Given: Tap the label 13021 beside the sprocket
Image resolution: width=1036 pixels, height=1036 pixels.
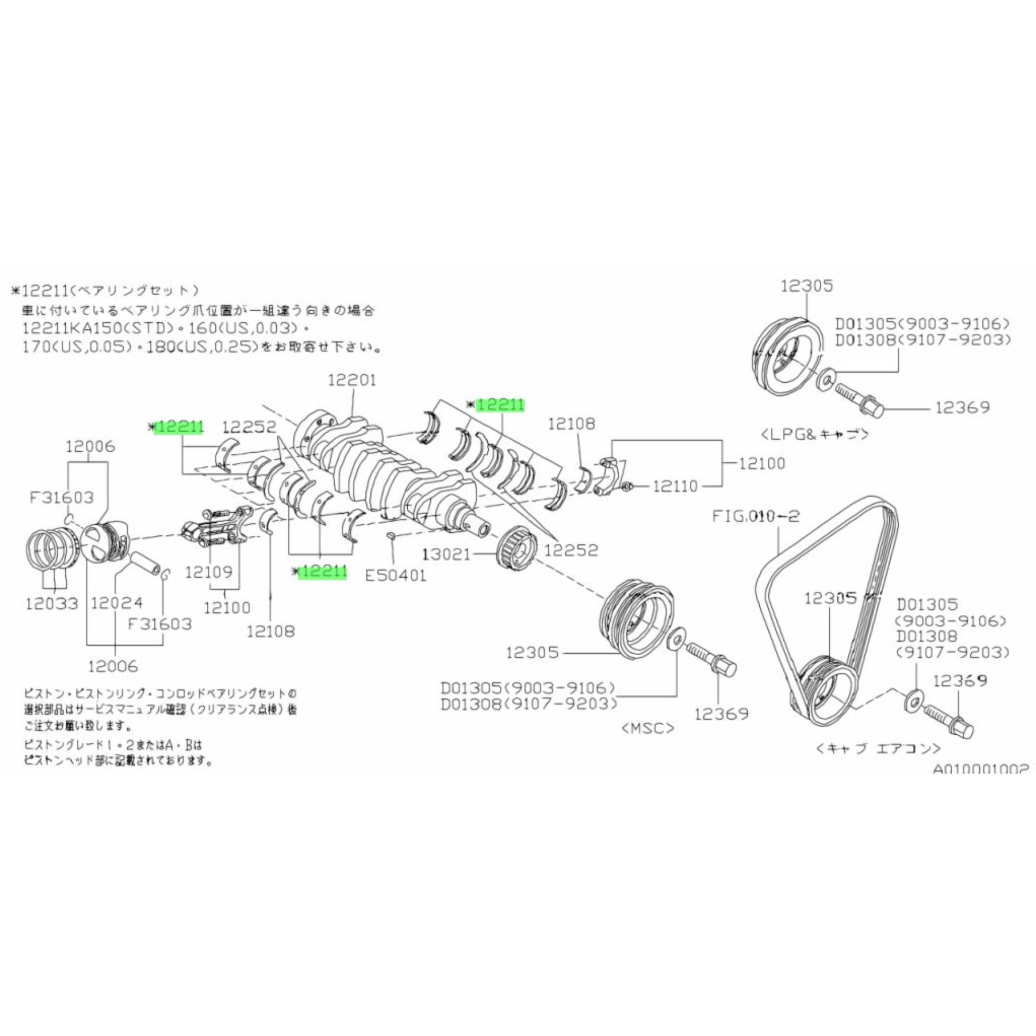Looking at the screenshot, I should coord(448,554).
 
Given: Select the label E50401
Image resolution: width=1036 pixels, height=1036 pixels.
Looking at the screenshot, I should coord(396,576).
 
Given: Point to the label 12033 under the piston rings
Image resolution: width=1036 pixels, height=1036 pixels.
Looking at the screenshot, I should coord(51,604).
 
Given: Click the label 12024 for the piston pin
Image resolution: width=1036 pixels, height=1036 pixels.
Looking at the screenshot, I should coord(117,603).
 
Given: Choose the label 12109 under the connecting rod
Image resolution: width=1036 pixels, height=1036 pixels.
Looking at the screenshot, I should coord(209,573).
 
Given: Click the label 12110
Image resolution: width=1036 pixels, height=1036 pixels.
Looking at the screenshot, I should coord(675,486).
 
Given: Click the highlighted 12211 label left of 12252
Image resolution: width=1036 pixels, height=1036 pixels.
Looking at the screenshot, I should coord(178,427).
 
